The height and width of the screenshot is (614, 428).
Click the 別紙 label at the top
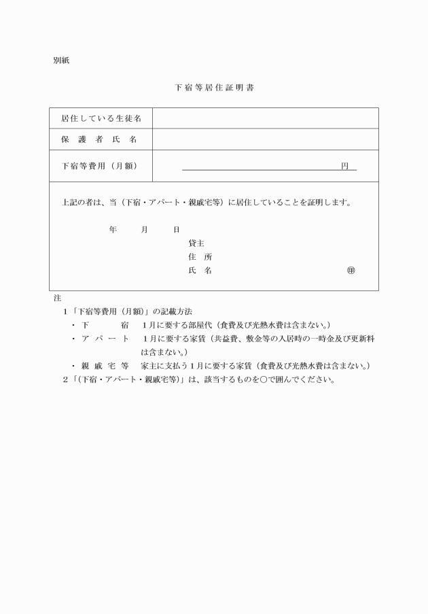pyautogui.click(x=60, y=61)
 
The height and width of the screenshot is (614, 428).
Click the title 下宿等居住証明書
pyautogui.click(x=214, y=88)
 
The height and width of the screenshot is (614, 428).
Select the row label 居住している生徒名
pyautogui.click(x=101, y=118)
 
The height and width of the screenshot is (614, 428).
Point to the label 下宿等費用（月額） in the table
pyautogui.click(x=101, y=166)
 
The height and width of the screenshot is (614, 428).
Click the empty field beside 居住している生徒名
pyautogui.click(x=265, y=118)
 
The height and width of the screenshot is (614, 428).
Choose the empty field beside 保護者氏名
pyautogui.click(x=265, y=139)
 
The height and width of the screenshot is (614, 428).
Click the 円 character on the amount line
pyautogui.click(x=345, y=166)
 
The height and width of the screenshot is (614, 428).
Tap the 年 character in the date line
pyautogui.click(x=113, y=230)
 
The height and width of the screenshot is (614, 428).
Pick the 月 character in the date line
pyautogui.click(x=144, y=230)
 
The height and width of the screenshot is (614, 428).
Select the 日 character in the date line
pyautogui.click(x=176, y=230)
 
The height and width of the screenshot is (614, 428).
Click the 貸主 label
pyautogui.click(x=196, y=243)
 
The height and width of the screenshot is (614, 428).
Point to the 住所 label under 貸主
pyautogui.click(x=200, y=257)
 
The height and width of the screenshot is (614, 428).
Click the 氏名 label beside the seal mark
pyautogui.click(x=200, y=271)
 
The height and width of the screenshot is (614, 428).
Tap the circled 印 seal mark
pyautogui.click(x=351, y=271)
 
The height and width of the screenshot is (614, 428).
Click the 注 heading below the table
pyautogui.click(x=57, y=298)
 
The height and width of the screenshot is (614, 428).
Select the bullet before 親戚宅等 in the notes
pyautogui.click(x=73, y=366)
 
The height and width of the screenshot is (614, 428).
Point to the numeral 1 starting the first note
pyautogui.click(x=65, y=311)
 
